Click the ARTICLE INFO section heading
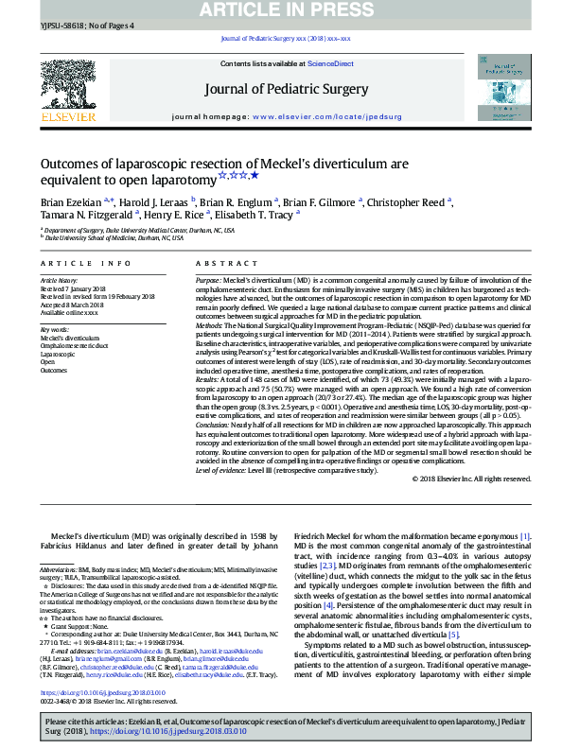click(x=86, y=263)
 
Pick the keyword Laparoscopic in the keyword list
click(x=58, y=353)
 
